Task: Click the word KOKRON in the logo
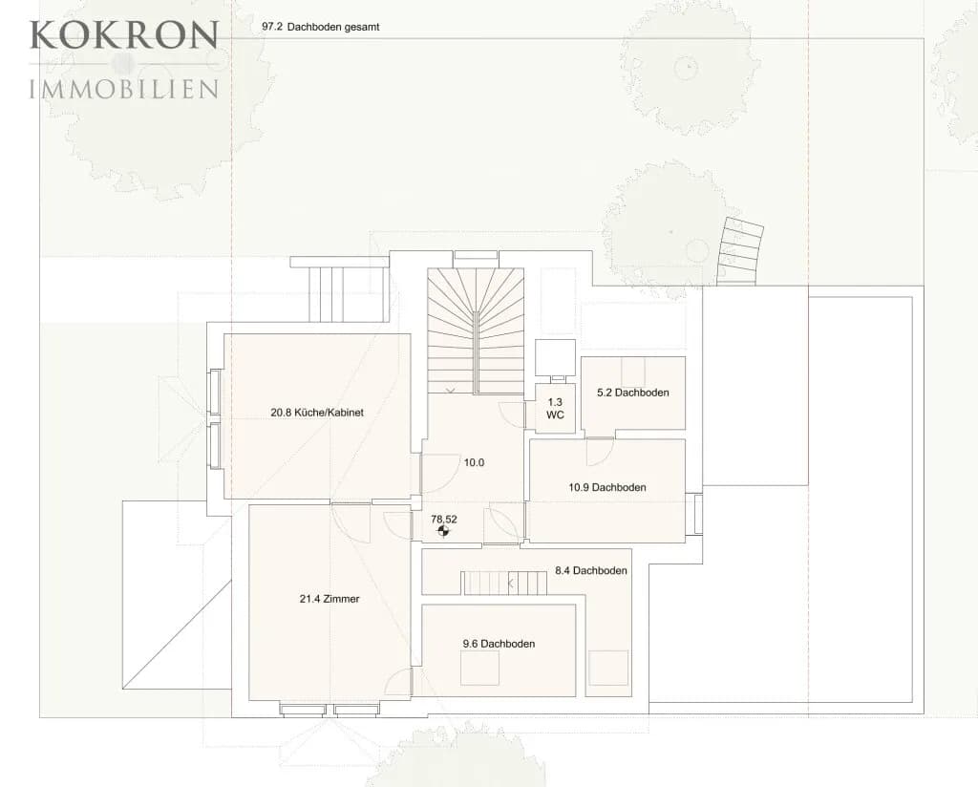pos(124,35)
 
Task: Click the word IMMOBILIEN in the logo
pos(124,89)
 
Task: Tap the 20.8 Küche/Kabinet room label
pos(317,413)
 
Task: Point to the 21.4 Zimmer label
pos(330,599)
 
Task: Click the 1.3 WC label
pos(555,408)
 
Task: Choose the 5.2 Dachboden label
pos(632,393)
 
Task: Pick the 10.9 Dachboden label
pos(606,487)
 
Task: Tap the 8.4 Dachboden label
pos(590,570)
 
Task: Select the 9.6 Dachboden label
pos(499,644)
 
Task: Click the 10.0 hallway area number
pos(474,462)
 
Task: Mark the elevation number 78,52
pos(444,519)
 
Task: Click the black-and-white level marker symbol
pos(443,531)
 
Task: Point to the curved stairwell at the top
pos(476,330)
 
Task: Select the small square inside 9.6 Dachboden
pos(479,668)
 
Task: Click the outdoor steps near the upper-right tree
pos(740,252)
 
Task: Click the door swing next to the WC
pos(512,415)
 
